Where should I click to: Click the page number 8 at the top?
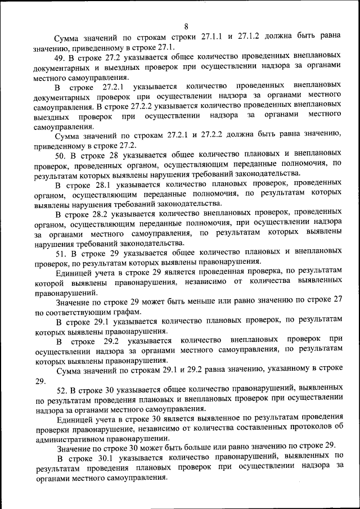186,25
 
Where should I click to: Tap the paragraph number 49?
60,57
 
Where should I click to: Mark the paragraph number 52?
62,389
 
